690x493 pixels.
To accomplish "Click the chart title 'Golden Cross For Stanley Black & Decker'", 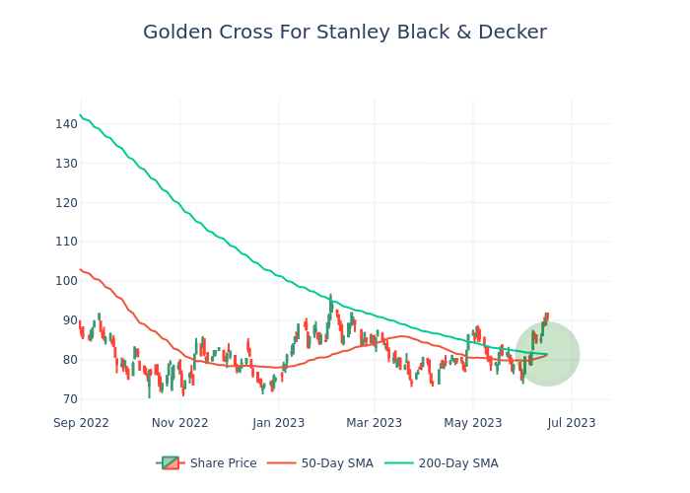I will [x=345, y=33].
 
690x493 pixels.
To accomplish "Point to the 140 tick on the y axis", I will [x=66, y=123].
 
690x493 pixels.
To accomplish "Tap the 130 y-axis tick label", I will [x=66, y=163].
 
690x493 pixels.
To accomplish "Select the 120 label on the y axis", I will [x=66, y=202].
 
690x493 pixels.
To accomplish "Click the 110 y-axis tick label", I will [x=66, y=242].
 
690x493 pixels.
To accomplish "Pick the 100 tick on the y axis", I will [x=66, y=281].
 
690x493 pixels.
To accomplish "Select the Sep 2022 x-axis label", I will [x=81, y=423].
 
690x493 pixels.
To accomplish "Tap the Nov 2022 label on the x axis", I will [x=179, y=423].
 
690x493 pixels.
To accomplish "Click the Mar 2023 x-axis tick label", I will [x=374, y=423].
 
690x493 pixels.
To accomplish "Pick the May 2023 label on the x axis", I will [x=473, y=423].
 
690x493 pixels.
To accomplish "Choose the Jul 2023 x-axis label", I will [x=572, y=423].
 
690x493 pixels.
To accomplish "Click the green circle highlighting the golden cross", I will [x=547, y=354].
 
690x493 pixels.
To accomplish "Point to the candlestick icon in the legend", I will [x=170, y=463].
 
